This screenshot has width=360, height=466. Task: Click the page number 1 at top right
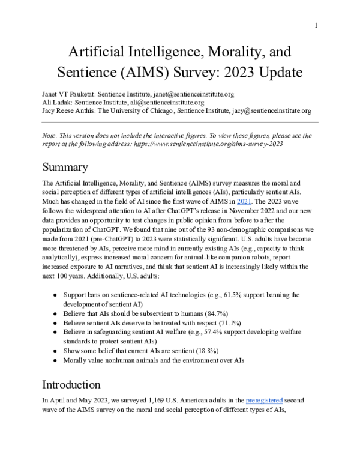click(x=316, y=25)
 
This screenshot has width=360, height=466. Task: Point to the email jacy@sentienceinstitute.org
click(x=272, y=111)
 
